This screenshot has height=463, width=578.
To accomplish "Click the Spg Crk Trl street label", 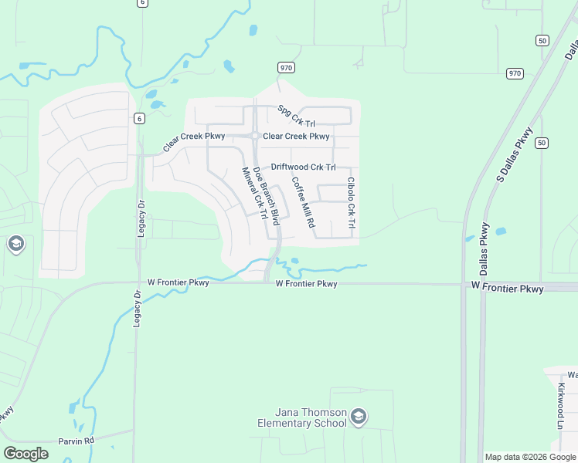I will (297, 117).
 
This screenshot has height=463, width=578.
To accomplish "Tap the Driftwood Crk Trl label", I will (303, 167).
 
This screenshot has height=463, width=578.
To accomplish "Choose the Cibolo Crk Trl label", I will (351, 202).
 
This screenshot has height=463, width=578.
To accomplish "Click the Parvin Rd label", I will (76, 441).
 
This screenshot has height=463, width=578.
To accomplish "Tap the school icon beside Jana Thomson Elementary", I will (358, 417).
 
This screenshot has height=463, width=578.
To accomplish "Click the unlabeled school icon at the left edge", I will (15, 245).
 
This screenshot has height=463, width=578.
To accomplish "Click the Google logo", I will (25, 454).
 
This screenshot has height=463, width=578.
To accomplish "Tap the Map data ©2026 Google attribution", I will (530, 457).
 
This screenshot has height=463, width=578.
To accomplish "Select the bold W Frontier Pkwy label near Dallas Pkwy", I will (507, 288).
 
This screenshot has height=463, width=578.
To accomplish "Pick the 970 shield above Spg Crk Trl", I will (287, 68).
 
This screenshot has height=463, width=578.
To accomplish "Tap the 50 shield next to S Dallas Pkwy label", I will (542, 143).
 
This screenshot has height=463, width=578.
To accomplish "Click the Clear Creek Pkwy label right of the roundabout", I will (296, 137).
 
